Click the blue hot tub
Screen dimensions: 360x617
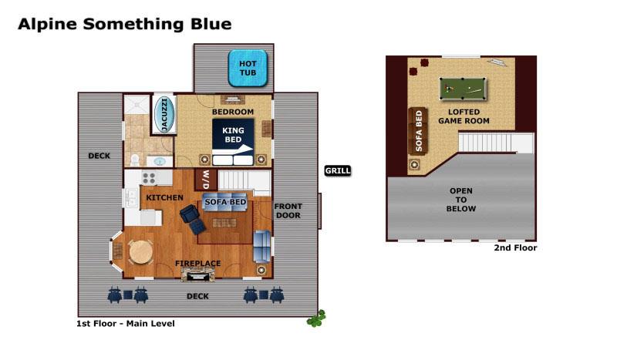click(x=248, y=67)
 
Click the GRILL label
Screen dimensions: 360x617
click(x=337, y=170)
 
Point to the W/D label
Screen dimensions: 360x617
click(x=205, y=180)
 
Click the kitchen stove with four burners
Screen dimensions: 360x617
click(x=148, y=178)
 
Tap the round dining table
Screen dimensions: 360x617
click(x=140, y=252)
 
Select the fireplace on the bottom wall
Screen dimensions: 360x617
click(x=197, y=273)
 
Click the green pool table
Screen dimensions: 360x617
click(x=462, y=89)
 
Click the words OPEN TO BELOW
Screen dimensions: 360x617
click(x=461, y=200)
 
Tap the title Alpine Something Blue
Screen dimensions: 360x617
click(x=124, y=24)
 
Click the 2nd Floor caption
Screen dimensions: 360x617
click(x=514, y=248)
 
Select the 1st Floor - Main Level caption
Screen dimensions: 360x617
click(x=126, y=324)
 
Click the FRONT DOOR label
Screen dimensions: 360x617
click(x=288, y=211)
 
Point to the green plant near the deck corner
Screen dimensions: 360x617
click(x=315, y=318)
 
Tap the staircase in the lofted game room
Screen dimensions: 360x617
click(x=495, y=143)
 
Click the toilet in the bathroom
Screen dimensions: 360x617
click(x=134, y=160)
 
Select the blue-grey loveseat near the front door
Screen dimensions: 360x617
click(x=262, y=246)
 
